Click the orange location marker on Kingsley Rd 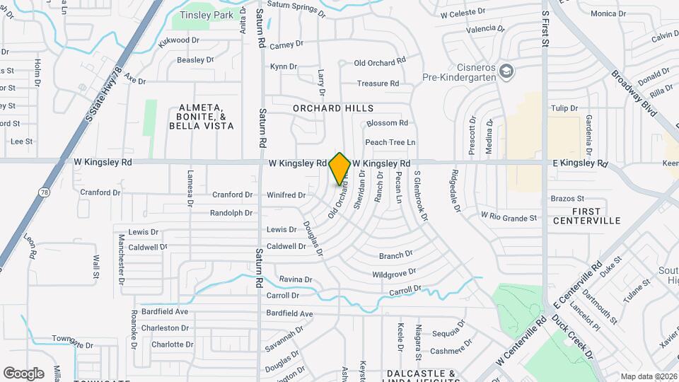[x=340, y=168]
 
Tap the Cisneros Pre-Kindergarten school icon [x=506, y=71]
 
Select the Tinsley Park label [x=206, y=15]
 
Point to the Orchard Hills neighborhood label [x=333, y=108]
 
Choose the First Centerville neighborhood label [x=586, y=216]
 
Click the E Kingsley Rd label [x=580, y=163]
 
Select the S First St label [x=545, y=28]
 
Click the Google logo [x=23, y=373]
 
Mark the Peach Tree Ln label [x=390, y=142]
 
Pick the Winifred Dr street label [x=286, y=195]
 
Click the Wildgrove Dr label [x=394, y=273]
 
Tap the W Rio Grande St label [x=509, y=216]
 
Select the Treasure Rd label [x=378, y=83]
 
